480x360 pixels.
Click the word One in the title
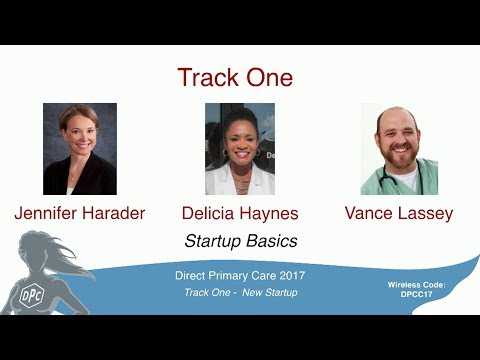(267, 78)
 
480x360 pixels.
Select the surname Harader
(113, 213)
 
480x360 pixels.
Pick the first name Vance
(369, 213)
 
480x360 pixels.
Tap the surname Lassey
(426, 213)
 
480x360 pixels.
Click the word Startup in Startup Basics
(214, 241)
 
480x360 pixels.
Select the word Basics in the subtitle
(272, 241)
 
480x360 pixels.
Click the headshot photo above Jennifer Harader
(80, 149)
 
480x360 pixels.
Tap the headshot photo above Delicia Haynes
(240, 149)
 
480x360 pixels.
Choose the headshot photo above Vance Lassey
(399, 149)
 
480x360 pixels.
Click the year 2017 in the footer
(289, 274)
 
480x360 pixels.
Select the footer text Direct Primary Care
(222, 274)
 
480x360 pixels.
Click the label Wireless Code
(416, 285)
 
